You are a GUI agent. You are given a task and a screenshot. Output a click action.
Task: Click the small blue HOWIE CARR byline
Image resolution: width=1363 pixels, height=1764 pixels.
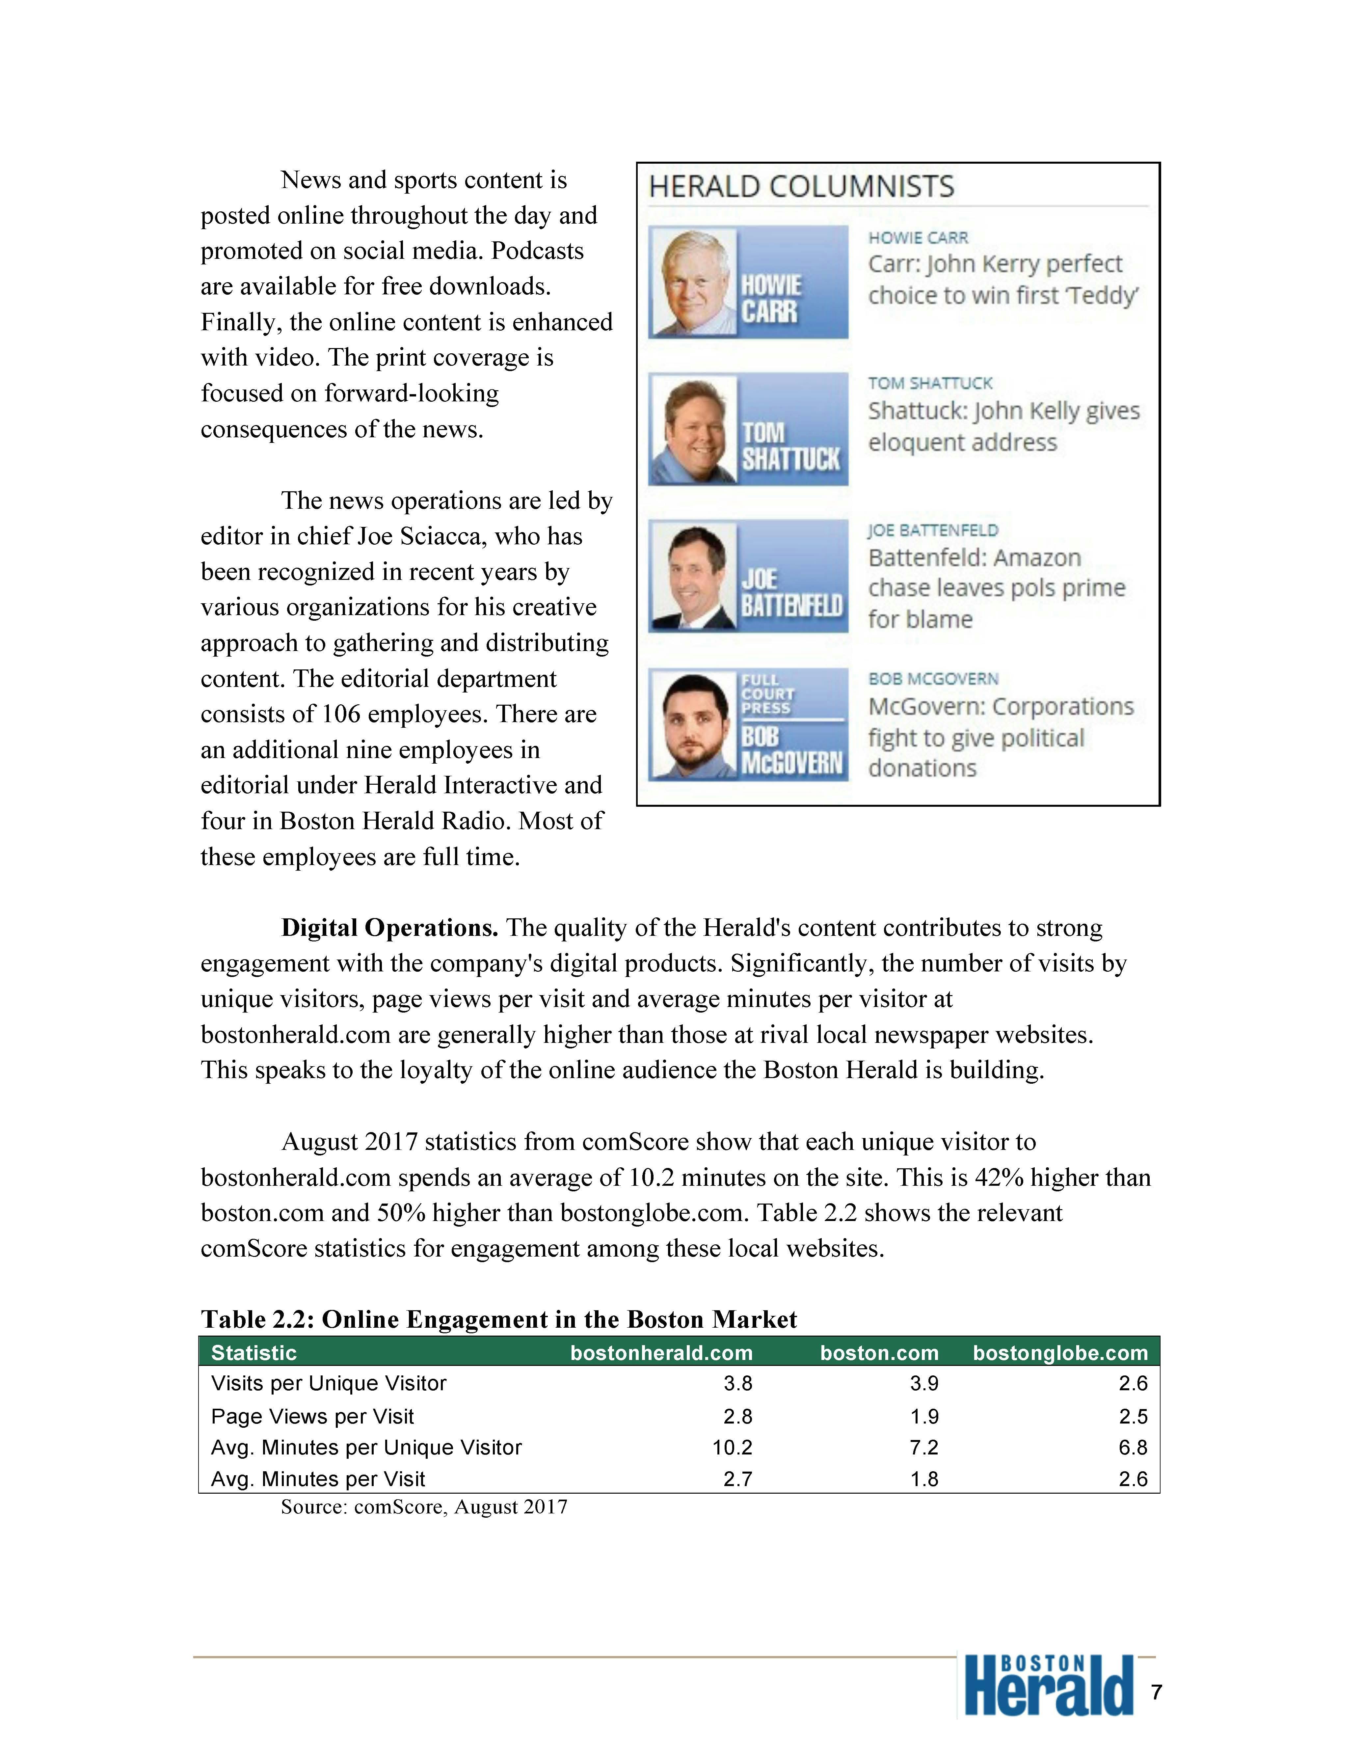click(x=918, y=237)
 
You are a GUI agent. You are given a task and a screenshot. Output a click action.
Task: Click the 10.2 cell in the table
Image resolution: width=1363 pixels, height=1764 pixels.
click(x=732, y=1447)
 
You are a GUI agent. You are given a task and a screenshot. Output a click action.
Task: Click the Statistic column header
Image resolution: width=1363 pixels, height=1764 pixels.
click(x=254, y=1353)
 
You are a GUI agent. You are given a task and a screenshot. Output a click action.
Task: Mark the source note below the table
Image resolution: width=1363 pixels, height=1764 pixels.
click(x=424, y=1506)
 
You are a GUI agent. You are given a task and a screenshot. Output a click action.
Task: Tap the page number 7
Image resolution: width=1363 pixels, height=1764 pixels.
click(x=1156, y=1692)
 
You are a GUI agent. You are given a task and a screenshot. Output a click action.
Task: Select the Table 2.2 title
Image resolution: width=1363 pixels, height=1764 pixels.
click(x=498, y=1319)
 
